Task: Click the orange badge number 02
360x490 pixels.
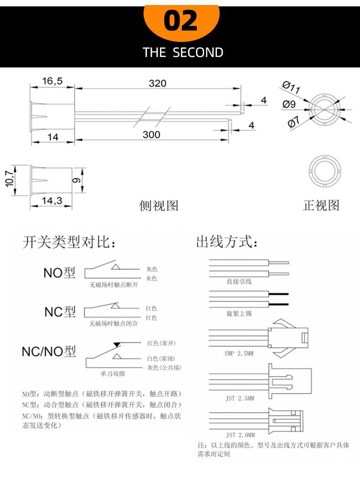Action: [x=180, y=21]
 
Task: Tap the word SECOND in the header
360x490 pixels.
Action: [x=198, y=52]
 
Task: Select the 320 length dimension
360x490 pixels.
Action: [x=158, y=83]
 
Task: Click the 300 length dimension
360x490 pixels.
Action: [x=151, y=134]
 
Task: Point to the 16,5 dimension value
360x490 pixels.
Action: [x=52, y=81]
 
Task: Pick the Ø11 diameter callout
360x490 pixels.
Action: [x=291, y=87]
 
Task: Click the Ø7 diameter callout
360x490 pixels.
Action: [x=293, y=122]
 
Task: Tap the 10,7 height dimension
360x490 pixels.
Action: [x=10, y=179]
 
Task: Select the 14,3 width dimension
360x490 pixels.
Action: [x=52, y=200]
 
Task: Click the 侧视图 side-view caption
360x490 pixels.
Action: [x=159, y=206]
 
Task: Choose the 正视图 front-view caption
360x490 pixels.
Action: [x=321, y=205]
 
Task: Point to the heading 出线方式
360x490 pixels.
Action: [x=227, y=242]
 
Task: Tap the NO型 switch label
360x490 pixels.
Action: [x=59, y=273]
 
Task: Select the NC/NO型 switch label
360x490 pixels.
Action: [x=49, y=351]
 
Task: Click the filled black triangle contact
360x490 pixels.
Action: [x=117, y=345]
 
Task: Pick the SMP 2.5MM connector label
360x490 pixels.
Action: [x=239, y=353]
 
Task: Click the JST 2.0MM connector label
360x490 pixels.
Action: [x=240, y=435]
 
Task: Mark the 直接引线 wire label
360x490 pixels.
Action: [x=239, y=282]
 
